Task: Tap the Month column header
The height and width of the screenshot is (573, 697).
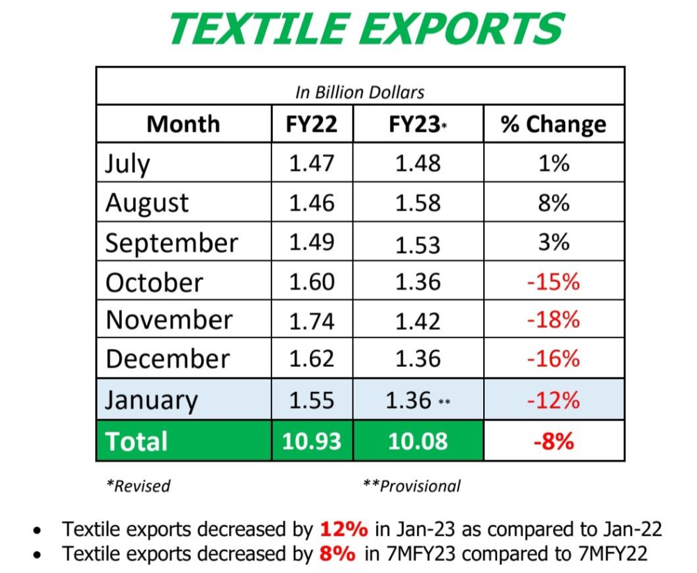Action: click(183, 124)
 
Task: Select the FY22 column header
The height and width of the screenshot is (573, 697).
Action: click(312, 124)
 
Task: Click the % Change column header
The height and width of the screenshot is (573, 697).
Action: click(554, 125)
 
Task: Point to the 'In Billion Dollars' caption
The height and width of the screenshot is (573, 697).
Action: click(359, 91)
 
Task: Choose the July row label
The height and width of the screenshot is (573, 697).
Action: click(127, 164)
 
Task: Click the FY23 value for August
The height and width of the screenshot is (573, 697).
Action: click(418, 203)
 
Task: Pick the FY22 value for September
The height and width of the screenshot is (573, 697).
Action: click(312, 242)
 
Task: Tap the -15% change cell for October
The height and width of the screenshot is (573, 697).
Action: click(554, 282)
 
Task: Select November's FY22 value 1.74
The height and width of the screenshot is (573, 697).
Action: click(312, 321)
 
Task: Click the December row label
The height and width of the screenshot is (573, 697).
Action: click(167, 359)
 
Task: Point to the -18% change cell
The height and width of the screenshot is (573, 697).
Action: click(554, 320)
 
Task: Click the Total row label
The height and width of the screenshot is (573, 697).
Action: click(136, 441)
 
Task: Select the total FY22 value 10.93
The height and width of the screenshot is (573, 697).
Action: click(312, 441)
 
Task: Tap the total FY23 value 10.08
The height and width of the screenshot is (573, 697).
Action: click(418, 441)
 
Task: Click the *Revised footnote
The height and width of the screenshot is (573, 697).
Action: click(138, 485)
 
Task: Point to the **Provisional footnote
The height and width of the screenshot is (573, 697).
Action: click(412, 485)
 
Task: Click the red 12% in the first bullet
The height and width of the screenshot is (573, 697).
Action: click(343, 529)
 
